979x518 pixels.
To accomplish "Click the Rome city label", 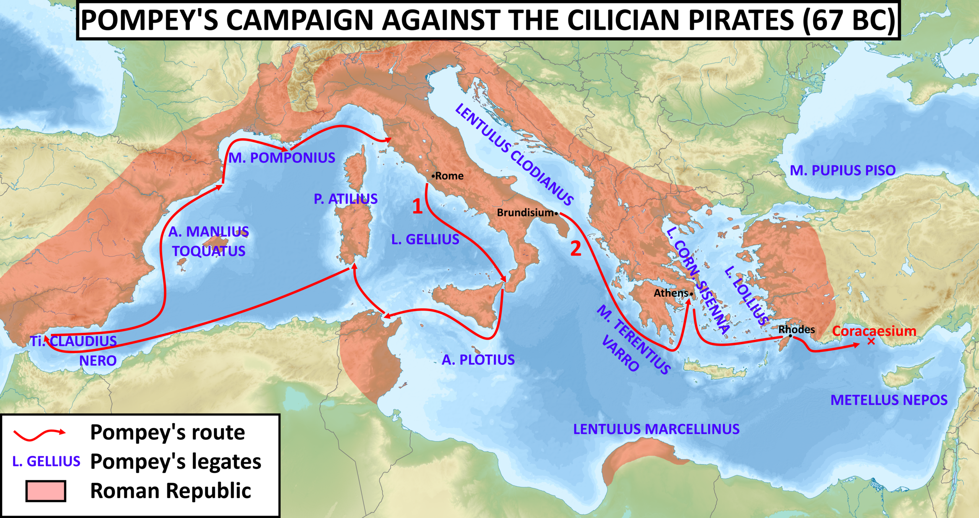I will pos(449,176).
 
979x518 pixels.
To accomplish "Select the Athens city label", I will pos(671,293).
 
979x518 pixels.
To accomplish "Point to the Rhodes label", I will pos(797,329).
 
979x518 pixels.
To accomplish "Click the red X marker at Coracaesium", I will pos(871,342).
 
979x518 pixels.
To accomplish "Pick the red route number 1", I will pos(417,207).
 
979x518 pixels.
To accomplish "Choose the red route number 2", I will pos(576,249).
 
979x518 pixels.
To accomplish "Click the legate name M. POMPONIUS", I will pos(282,158).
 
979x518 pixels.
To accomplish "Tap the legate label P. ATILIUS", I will pos(346,199).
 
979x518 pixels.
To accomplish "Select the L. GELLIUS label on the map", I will pos(425,240).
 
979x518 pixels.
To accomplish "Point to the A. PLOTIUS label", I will pos(478,360).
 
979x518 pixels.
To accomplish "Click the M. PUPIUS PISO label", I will pos(843,170).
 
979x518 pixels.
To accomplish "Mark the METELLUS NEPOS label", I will pos(889,400).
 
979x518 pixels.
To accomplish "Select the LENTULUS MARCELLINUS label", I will pos(656,429).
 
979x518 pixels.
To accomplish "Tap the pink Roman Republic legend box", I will pos(46,491).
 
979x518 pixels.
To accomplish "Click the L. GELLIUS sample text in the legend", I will pos(46,461).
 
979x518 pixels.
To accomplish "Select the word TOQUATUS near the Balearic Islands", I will pos(208,251).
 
